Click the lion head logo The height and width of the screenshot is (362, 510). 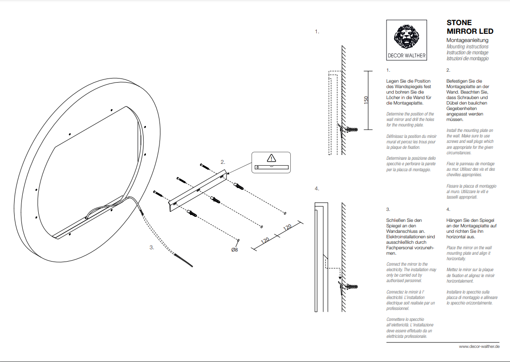[406, 36]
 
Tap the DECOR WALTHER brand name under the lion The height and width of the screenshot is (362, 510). [407, 56]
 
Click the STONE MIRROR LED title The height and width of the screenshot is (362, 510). [470, 27]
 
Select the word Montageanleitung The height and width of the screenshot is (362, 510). [468, 40]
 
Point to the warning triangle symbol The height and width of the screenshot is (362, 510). [271, 158]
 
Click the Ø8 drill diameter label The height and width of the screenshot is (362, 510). [235, 250]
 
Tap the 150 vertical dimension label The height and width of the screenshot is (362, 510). [366, 100]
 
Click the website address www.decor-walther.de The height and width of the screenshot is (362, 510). [479, 346]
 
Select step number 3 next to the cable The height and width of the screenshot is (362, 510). [152, 247]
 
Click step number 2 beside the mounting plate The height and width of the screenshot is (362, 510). [223, 162]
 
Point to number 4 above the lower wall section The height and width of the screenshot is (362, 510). [317, 189]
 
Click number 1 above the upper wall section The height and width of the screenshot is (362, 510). [317, 31]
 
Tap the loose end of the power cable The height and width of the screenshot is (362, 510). [192, 266]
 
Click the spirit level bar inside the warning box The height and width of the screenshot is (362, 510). [272, 167]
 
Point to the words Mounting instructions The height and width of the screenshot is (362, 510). [468, 47]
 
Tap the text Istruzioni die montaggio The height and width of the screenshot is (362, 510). [468, 58]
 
